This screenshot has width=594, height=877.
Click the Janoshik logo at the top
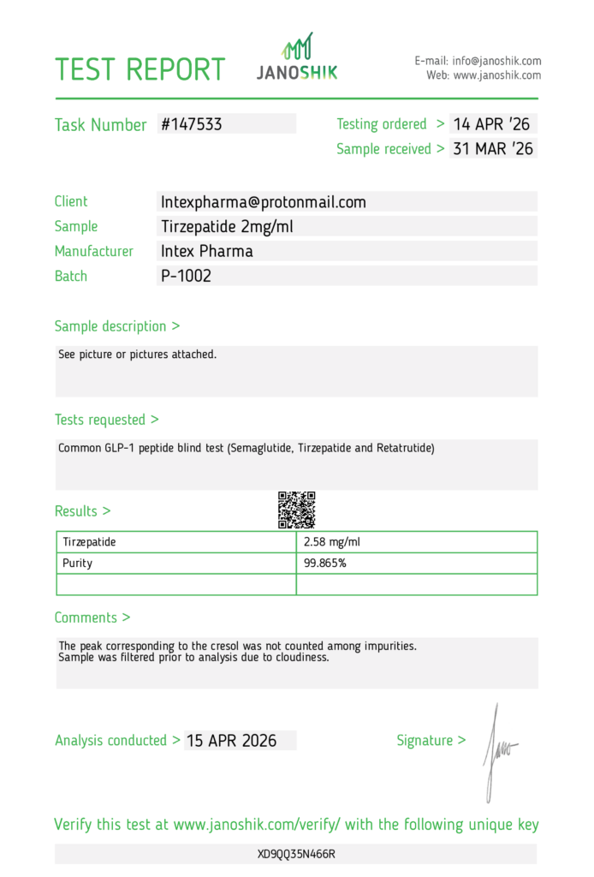coord(297,57)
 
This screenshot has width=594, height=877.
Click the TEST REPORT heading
coord(140,69)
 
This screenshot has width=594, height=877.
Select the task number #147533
coord(192,124)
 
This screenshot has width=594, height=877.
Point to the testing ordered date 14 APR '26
coord(492,124)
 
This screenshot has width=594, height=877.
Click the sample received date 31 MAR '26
coord(493,148)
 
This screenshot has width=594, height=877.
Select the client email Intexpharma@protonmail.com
coord(264,202)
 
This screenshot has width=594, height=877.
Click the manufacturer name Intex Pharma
coord(207,251)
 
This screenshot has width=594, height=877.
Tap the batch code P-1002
coord(186,276)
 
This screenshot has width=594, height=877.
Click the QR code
coord(297,510)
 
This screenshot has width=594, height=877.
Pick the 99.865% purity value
coord(325,564)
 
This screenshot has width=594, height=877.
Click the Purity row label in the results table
coord(78,564)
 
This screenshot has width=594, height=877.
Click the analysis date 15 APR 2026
coord(231,741)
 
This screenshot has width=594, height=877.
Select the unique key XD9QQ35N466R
coord(296,854)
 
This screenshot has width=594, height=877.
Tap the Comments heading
coord(92,617)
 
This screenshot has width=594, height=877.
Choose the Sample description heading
coord(116,326)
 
